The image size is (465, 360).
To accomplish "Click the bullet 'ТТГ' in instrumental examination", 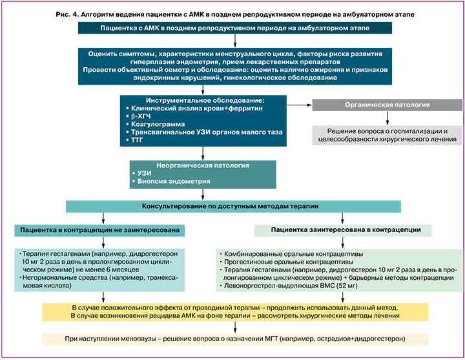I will (x=138, y=140).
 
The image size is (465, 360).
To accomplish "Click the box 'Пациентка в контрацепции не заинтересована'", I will (x=102, y=229).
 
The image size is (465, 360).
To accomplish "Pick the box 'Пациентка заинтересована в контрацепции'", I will (x=346, y=229).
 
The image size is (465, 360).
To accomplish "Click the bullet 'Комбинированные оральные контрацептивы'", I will (x=294, y=253).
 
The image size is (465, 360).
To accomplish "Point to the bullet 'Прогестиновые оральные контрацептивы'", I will (x=291, y=262).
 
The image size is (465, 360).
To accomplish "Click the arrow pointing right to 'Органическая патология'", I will (x=298, y=105).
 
